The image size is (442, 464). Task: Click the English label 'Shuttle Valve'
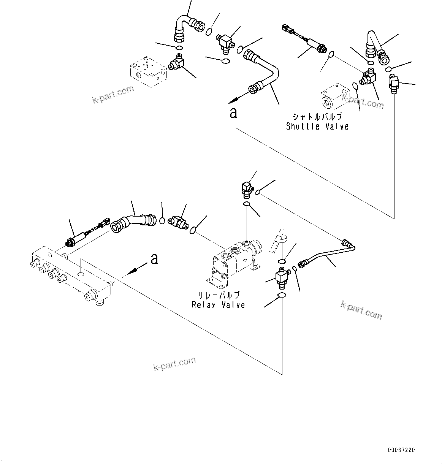(x=317, y=127)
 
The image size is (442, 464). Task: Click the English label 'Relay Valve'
(x=218, y=305)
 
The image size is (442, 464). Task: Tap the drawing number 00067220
(x=401, y=450)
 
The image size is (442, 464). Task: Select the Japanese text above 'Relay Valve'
(x=219, y=295)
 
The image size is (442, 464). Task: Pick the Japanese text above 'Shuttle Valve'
(x=317, y=117)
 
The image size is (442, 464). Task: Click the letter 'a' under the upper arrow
(x=233, y=113)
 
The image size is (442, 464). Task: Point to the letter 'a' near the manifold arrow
(x=154, y=259)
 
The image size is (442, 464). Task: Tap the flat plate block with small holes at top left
(x=147, y=71)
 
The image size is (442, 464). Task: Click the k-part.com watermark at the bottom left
(x=174, y=364)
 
